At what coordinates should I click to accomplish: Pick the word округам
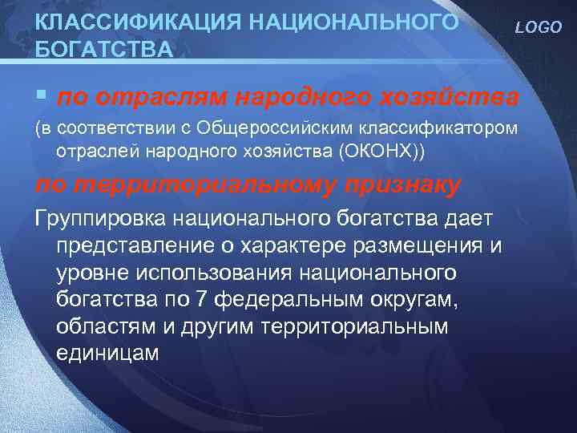click(414, 300)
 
